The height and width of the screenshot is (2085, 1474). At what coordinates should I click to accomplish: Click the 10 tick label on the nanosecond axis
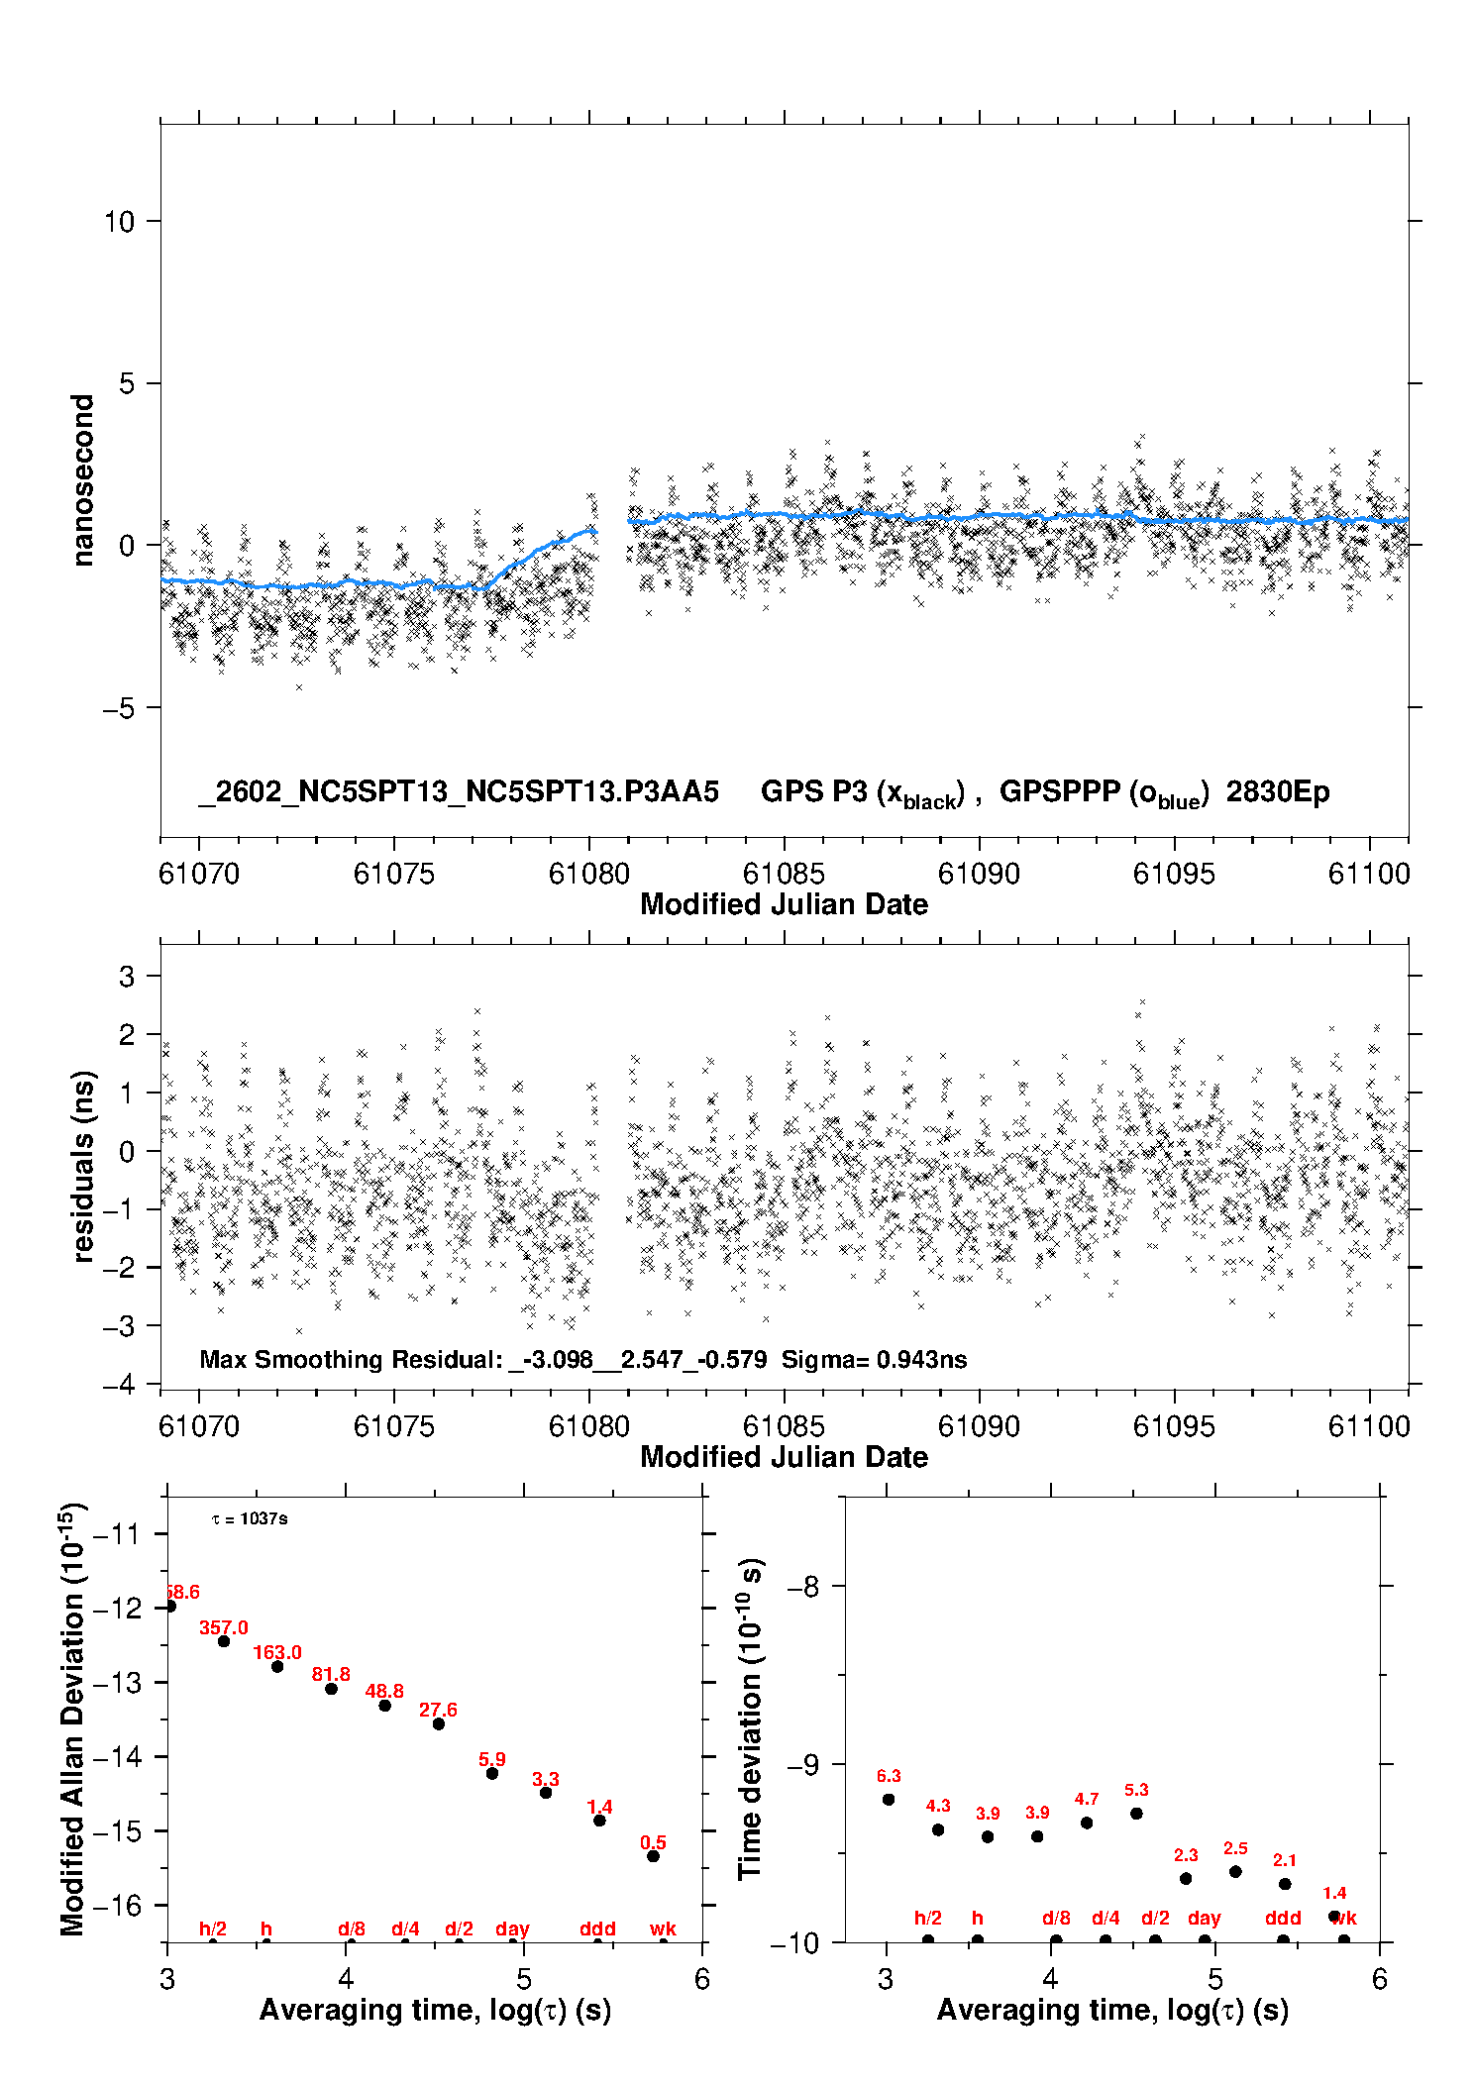click(x=119, y=222)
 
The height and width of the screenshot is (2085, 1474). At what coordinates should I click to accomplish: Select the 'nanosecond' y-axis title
click(x=83, y=480)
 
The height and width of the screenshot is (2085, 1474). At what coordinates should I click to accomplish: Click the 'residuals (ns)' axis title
click(x=83, y=1166)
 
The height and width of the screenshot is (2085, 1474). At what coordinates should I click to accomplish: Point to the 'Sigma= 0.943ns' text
click(x=874, y=1359)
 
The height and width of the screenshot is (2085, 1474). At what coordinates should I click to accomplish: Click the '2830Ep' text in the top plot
click(x=1277, y=791)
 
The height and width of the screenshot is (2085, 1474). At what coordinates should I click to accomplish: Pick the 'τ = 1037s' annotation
click(x=250, y=1519)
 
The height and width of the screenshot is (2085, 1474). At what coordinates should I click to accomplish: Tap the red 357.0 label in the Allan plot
click(x=224, y=1627)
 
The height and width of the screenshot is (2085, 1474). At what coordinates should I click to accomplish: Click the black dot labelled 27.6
click(x=439, y=1724)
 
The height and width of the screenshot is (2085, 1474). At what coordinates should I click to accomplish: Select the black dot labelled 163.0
click(x=277, y=1667)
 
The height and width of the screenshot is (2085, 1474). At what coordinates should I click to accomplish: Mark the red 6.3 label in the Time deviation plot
click(x=889, y=1776)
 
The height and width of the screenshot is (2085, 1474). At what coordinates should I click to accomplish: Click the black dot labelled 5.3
click(x=1136, y=1814)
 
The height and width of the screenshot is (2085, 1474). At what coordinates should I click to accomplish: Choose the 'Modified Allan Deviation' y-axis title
click(x=72, y=1719)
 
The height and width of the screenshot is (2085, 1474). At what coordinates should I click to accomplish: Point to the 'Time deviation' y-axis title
click(x=750, y=1719)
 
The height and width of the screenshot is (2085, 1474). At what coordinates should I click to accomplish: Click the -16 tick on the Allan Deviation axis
click(x=117, y=1905)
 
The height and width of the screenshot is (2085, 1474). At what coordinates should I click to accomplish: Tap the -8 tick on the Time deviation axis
click(x=801, y=1587)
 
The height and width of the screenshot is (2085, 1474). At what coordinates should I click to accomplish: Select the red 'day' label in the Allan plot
click(x=512, y=1929)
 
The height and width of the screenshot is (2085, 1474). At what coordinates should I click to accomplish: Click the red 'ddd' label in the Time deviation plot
click(x=1283, y=1919)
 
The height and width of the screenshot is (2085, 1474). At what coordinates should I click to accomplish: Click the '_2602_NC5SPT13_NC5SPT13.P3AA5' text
click(x=459, y=791)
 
